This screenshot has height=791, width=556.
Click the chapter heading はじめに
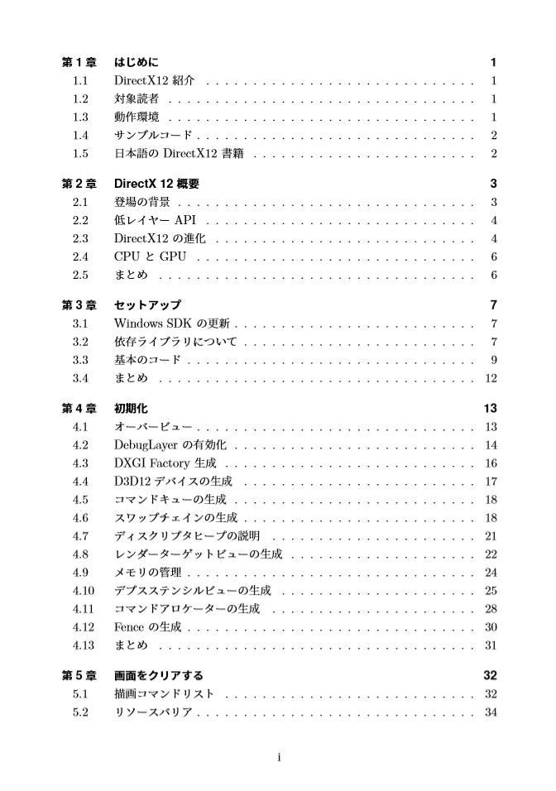coord(137,63)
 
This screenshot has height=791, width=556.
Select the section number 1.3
coord(80,117)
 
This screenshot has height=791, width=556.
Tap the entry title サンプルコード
coord(154,136)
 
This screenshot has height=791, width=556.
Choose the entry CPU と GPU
coord(150,256)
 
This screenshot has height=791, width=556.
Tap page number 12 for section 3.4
coord(490,378)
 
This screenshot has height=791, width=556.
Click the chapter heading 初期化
coord(131,409)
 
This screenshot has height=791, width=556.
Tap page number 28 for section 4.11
coord(490,609)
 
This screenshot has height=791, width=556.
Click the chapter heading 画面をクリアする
coord(158,675)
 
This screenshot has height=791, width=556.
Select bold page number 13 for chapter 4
coord(489,409)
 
